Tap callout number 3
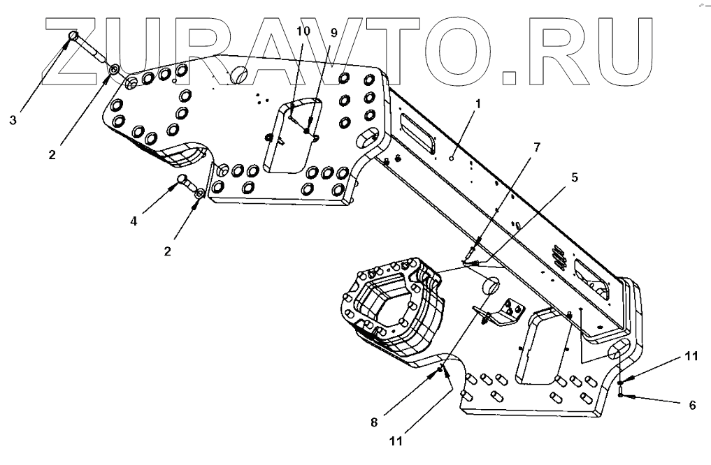[x=13, y=119]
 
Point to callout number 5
[x=574, y=177]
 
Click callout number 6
[x=692, y=404]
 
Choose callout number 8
[x=374, y=422]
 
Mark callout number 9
[x=333, y=33]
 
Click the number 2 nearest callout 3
[x=52, y=154]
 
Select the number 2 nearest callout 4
[x=168, y=251]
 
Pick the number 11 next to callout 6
[x=691, y=356]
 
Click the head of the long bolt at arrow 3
[x=73, y=36]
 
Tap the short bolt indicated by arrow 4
[x=183, y=181]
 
